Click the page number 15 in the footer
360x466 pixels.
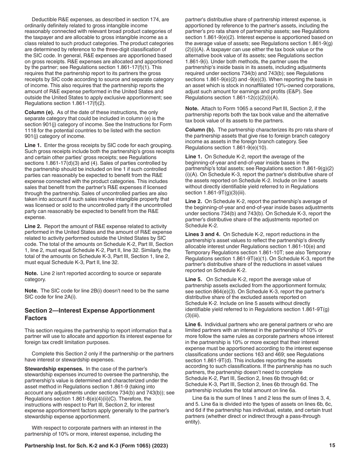click(332, 446)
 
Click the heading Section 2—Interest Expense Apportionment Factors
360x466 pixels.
click(89, 314)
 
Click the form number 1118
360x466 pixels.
click(31, 130)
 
